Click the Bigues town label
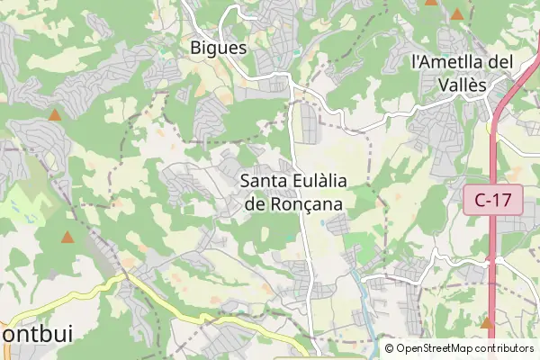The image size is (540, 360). coord(219,47)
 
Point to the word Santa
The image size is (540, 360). coord(265,181)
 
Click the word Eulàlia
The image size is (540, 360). coord(320,181)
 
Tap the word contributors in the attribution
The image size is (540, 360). coord(505,348)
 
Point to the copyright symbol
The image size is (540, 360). coord(389,348)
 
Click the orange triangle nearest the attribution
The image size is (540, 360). coord(487,322)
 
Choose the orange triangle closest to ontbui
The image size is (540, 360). coord(67,238)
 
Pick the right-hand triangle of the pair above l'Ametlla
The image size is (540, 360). coord(457,14)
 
